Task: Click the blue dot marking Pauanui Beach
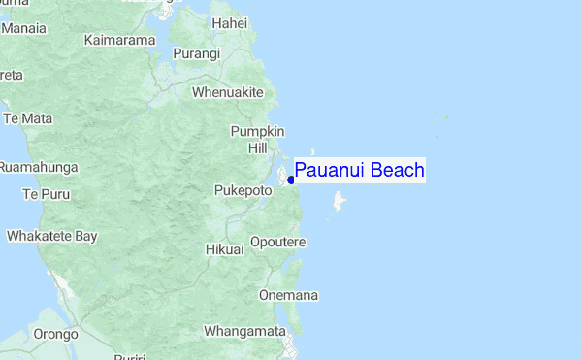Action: click(x=291, y=179)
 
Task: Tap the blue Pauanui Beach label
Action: click(x=359, y=171)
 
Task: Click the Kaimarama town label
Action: click(x=120, y=40)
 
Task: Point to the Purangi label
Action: click(x=197, y=54)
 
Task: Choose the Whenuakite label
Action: click(x=228, y=92)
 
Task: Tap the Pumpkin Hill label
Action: click(x=257, y=140)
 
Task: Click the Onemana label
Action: click(x=289, y=295)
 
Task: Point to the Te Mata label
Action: click(x=29, y=118)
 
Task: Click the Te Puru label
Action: click(x=44, y=194)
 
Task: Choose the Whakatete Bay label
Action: click(x=52, y=236)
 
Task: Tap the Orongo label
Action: click(x=55, y=334)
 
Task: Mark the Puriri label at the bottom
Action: click(x=129, y=355)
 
